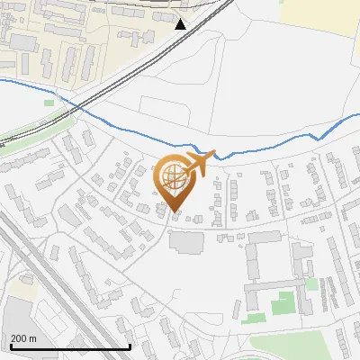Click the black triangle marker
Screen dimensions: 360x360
click(181, 23)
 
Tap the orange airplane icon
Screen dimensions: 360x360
click(202, 162)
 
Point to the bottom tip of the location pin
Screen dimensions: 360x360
click(175, 212)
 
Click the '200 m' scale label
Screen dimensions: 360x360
click(23, 338)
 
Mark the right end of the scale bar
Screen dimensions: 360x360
click(130, 346)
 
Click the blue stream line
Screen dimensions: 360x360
click(270, 144)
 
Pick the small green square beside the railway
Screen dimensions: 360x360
click(49, 103)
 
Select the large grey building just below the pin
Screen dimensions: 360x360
click(187, 242)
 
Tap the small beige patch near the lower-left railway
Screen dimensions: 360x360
click(26, 289)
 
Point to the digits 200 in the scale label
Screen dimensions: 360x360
click(19, 338)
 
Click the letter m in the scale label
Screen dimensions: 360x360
click(33, 338)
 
